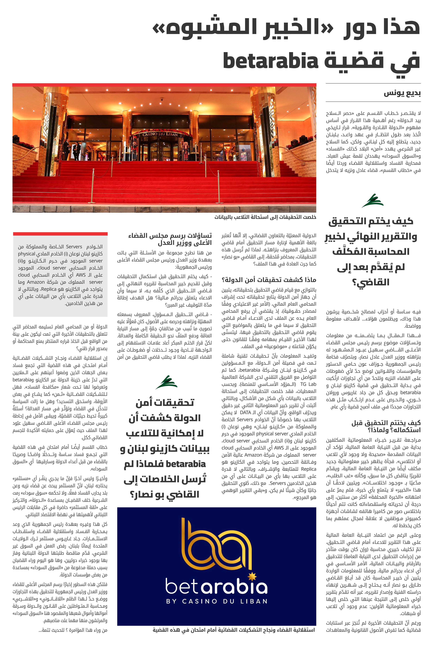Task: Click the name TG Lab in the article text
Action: (309, 384)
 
